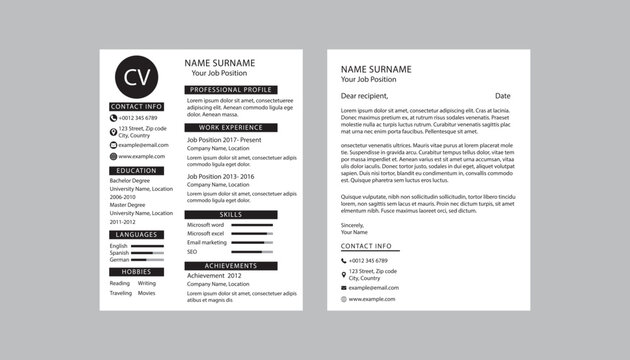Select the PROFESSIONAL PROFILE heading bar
231,90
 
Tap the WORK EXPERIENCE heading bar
231,128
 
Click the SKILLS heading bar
231,214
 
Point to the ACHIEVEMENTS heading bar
231,265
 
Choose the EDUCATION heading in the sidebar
136,171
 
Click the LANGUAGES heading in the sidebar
136,234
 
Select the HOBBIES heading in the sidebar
136,271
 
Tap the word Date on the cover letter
502,96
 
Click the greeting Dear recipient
364,96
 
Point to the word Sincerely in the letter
353,225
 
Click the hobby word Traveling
120,293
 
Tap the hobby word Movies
146,293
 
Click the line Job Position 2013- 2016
220,177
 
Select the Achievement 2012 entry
214,275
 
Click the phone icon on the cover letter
343,260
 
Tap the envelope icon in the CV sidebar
113,145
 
